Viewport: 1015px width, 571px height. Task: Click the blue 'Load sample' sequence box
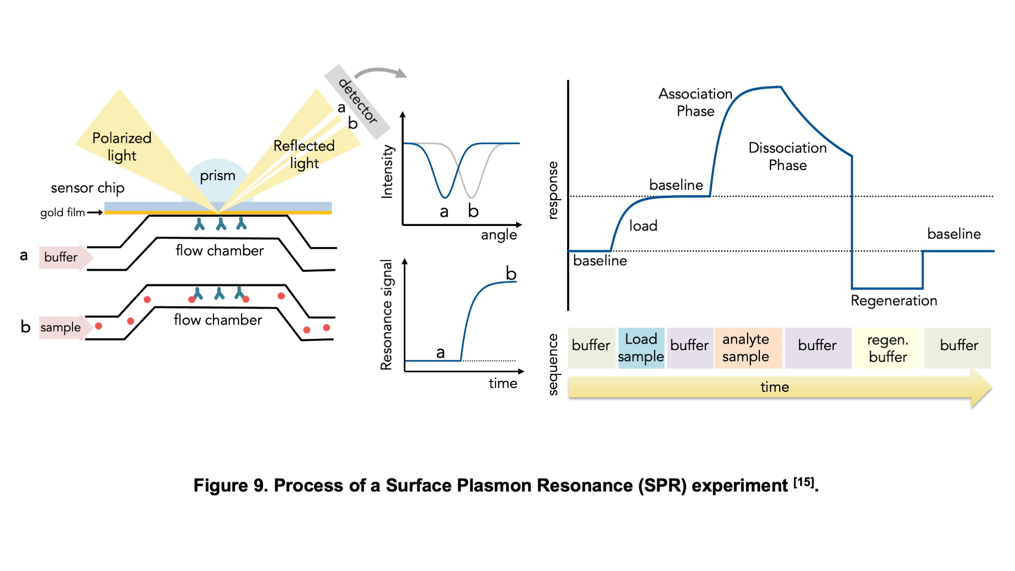641,348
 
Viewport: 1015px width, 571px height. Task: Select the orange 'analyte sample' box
748,348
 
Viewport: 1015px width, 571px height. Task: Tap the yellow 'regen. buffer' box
887,348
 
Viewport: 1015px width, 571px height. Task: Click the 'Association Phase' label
695,102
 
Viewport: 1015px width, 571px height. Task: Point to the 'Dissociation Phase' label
788,156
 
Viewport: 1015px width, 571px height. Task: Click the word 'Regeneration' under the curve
894,300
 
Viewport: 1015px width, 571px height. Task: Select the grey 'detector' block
358,102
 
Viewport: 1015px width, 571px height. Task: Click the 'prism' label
218,176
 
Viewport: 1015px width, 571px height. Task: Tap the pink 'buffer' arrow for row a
66,257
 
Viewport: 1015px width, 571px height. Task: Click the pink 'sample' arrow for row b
65,327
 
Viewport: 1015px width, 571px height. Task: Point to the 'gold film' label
62,212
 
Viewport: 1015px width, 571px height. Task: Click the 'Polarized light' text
122,146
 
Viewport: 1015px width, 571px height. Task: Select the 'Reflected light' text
304,154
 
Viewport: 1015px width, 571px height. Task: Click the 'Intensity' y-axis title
387,171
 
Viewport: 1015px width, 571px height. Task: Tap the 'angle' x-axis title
499,235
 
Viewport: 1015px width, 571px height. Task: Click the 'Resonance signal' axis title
387,315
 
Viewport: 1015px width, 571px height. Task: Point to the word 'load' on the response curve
643,226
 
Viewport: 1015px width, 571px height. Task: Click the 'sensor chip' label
88,188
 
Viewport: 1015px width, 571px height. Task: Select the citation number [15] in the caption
804,482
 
